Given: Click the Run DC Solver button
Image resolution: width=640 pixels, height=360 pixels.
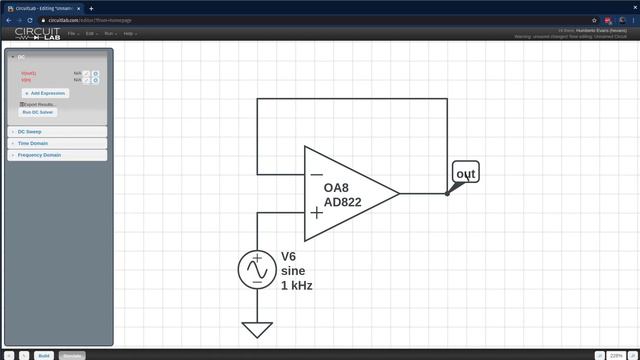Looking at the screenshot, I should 39,112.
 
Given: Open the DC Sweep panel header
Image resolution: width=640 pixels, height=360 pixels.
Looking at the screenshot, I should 30,131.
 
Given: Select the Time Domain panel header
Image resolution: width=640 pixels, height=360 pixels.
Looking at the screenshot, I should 32,143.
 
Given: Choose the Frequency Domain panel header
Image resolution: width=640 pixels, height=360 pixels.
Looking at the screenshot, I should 39,155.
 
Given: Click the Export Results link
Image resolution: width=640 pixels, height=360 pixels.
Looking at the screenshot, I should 39,104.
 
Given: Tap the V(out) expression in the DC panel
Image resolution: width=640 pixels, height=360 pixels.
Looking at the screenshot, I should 28,73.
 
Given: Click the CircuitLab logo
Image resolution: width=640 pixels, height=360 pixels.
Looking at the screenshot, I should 37,34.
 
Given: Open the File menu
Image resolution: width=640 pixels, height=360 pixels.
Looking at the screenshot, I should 72,34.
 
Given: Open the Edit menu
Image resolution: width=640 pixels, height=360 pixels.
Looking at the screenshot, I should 90,34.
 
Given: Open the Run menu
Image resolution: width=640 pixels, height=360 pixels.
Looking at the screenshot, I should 109,34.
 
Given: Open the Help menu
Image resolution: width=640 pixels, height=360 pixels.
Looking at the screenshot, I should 128,34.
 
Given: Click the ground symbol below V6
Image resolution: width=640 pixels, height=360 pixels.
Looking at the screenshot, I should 257,329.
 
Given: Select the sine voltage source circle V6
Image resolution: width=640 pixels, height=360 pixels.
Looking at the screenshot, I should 257,270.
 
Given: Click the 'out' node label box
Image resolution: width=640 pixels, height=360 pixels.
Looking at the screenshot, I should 466,174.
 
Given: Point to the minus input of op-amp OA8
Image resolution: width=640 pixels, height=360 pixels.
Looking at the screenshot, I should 316,174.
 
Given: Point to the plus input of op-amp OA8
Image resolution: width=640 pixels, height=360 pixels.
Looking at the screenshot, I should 316,212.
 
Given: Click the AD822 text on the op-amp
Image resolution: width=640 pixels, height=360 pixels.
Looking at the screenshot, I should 343,203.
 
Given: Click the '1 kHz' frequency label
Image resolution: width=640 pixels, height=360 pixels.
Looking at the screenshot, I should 297,286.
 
